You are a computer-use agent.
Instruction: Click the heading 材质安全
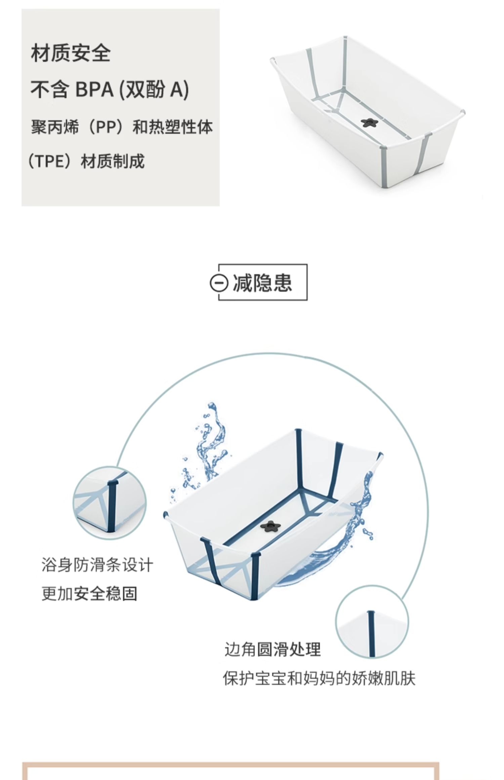(71, 53)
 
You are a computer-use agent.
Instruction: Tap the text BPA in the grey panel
(94, 89)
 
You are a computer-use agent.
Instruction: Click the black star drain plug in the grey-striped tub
(370, 122)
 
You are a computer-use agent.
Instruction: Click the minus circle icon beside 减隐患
(219, 283)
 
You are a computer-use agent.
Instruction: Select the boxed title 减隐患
(262, 283)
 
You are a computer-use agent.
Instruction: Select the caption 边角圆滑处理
(272, 650)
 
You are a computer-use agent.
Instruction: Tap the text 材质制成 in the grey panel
(113, 161)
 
